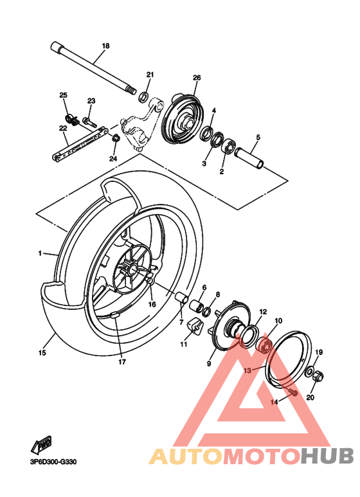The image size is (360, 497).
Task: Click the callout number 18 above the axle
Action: [106, 46]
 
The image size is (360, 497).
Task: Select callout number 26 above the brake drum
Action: [197, 78]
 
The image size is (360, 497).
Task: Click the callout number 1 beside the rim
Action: [39, 254]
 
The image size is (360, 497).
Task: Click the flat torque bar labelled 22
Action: [78, 143]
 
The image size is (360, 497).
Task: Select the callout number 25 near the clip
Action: [63, 96]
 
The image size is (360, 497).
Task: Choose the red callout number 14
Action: [273, 402]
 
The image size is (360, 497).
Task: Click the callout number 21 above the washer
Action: [150, 75]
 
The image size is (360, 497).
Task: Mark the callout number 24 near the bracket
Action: [113, 158]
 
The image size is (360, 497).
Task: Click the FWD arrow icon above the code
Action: [44, 444]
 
